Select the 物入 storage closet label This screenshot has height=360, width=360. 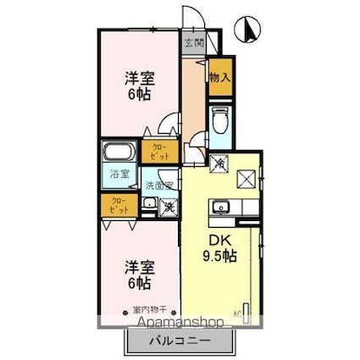pyautogui.click(x=219, y=76)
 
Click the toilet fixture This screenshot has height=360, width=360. pyautogui.click(x=220, y=119)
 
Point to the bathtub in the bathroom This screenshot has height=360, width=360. pyautogui.click(x=119, y=154)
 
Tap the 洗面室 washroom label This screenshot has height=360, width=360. pyautogui.click(x=158, y=184)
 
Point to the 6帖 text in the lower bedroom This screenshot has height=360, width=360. pyautogui.click(x=140, y=283)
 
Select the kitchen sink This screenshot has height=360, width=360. pyautogui.click(x=224, y=205)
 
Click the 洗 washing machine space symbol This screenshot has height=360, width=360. pyautogui.click(x=169, y=204)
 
